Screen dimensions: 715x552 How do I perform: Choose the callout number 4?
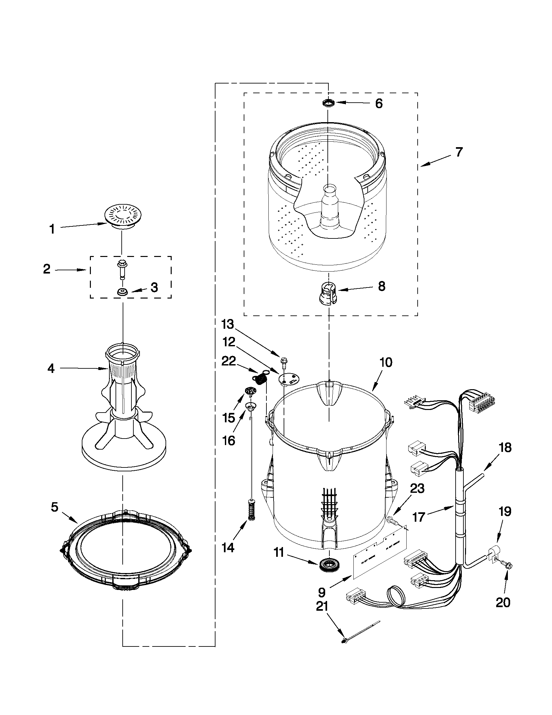click(x=51, y=369)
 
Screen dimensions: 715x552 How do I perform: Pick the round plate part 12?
click(x=288, y=379)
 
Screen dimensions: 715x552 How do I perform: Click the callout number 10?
click(x=386, y=363)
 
